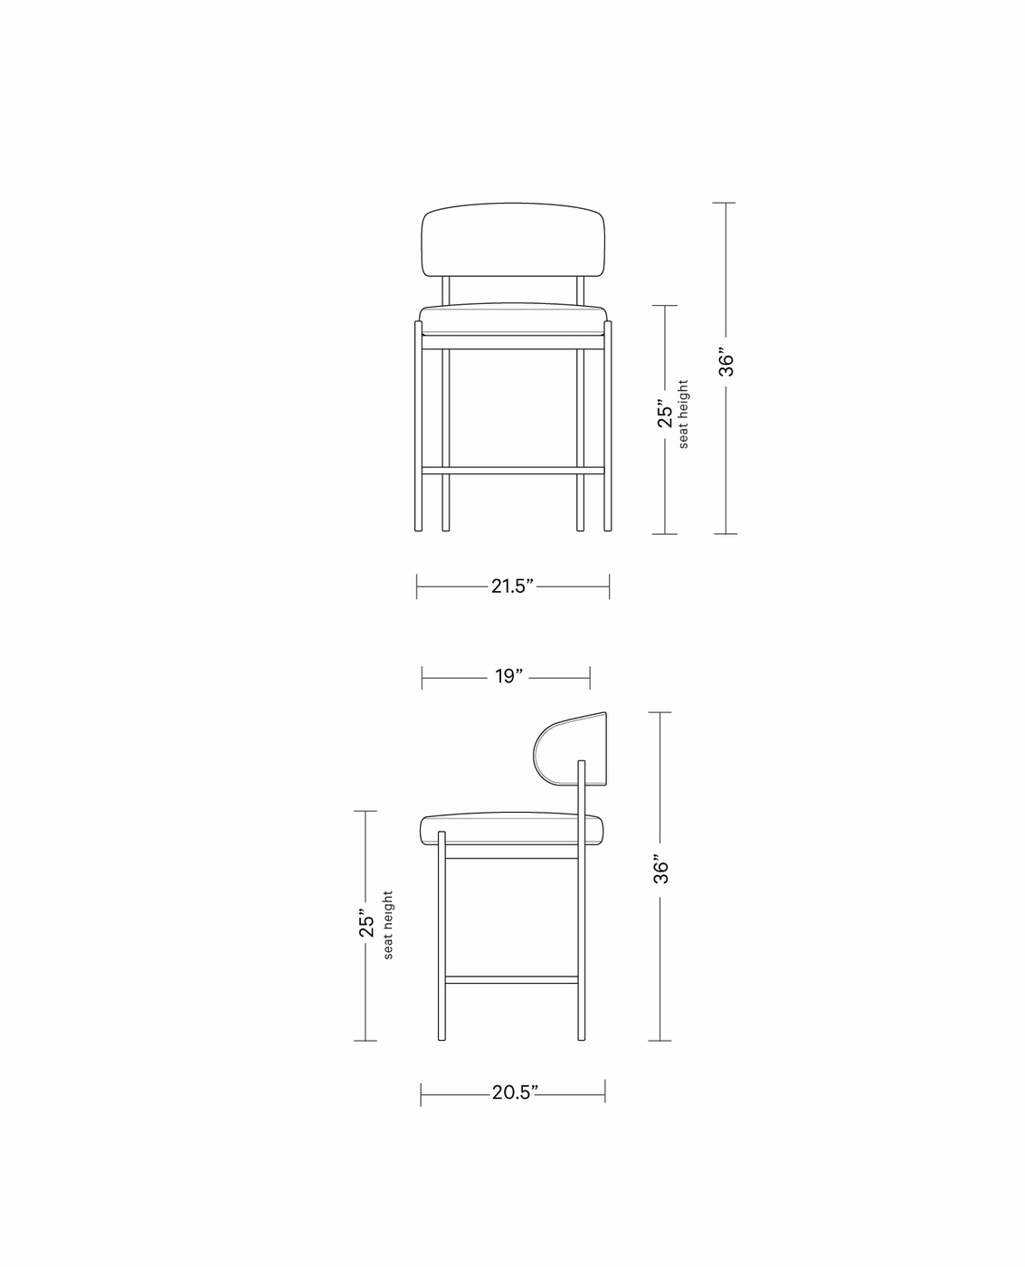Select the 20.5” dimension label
pyautogui.click(x=514, y=1092)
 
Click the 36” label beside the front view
pyautogui.click(x=726, y=361)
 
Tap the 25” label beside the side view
pyautogui.click(x=366, y=922)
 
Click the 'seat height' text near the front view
pyautogui.click(x=683, y=414)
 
